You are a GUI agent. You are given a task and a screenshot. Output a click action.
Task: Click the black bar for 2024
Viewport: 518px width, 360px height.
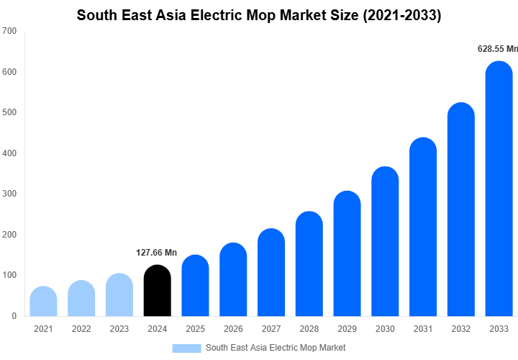(x=158, y=291)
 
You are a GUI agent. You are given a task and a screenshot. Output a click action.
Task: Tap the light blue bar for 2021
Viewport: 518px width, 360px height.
(x=43, y=302)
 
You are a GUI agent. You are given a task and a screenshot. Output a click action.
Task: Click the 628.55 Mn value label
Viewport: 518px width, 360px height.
(x=498, y=49)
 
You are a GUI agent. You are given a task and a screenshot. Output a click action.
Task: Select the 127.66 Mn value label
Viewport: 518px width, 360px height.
(x=156, y=253)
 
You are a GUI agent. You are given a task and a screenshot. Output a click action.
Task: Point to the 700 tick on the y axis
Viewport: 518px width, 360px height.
(x=9, y=32)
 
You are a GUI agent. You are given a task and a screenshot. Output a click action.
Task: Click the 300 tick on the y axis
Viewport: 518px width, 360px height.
(x=9, y=194)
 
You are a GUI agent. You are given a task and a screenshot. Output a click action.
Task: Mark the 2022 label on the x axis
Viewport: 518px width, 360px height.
(x=81, y=329)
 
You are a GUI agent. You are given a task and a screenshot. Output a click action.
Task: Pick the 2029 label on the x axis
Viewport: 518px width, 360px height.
(x=347, y=329)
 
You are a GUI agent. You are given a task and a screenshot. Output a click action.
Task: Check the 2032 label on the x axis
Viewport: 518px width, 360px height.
(x=460, y=329)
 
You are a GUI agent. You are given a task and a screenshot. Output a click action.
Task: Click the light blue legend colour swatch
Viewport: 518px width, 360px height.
(x=186, y=348)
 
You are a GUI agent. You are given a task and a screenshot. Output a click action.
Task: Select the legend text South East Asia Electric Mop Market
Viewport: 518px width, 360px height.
(x=276, y=348)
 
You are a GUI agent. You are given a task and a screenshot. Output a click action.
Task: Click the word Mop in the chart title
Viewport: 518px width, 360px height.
(x=271, y=14)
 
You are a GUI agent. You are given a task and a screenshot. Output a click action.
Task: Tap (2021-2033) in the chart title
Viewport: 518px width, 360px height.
(x=401, y=14)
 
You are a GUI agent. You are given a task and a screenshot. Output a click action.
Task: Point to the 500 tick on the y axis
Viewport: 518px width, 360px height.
(x=9, y=113)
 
